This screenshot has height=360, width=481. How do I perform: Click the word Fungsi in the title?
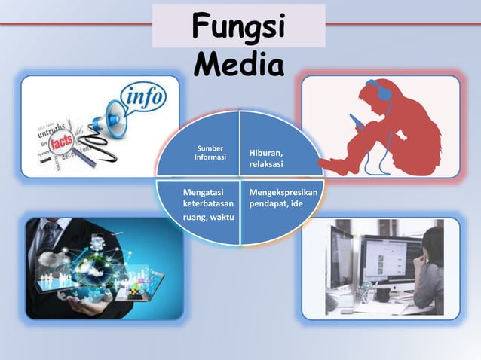pos(239,27)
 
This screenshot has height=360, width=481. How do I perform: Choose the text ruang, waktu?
pos(208,218)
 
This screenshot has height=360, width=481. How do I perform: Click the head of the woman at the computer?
pos(434,245)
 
